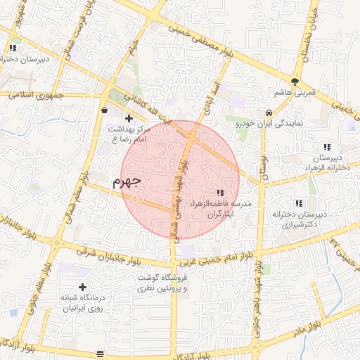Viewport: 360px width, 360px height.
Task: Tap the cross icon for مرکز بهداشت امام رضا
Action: [129, 118]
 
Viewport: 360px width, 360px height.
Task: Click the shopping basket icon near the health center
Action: [105, 110]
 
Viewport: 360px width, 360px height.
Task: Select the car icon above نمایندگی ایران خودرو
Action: [269, 112]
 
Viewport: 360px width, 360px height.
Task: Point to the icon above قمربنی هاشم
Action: [295, 82]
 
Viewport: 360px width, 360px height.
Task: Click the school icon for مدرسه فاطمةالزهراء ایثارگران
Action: [220, 193]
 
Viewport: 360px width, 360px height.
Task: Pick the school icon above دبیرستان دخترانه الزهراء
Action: [327, 147]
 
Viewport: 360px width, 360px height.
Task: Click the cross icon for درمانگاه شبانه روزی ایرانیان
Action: [83, 287]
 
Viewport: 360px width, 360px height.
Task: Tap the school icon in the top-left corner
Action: [13, 48]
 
